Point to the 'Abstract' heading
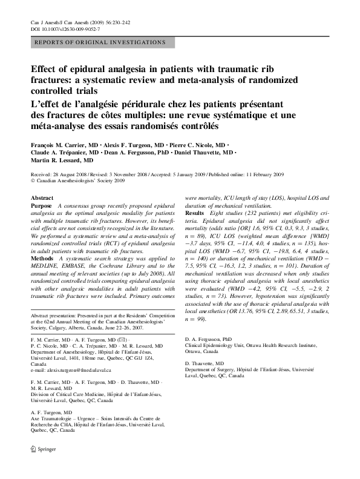[x=42, y=198]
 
